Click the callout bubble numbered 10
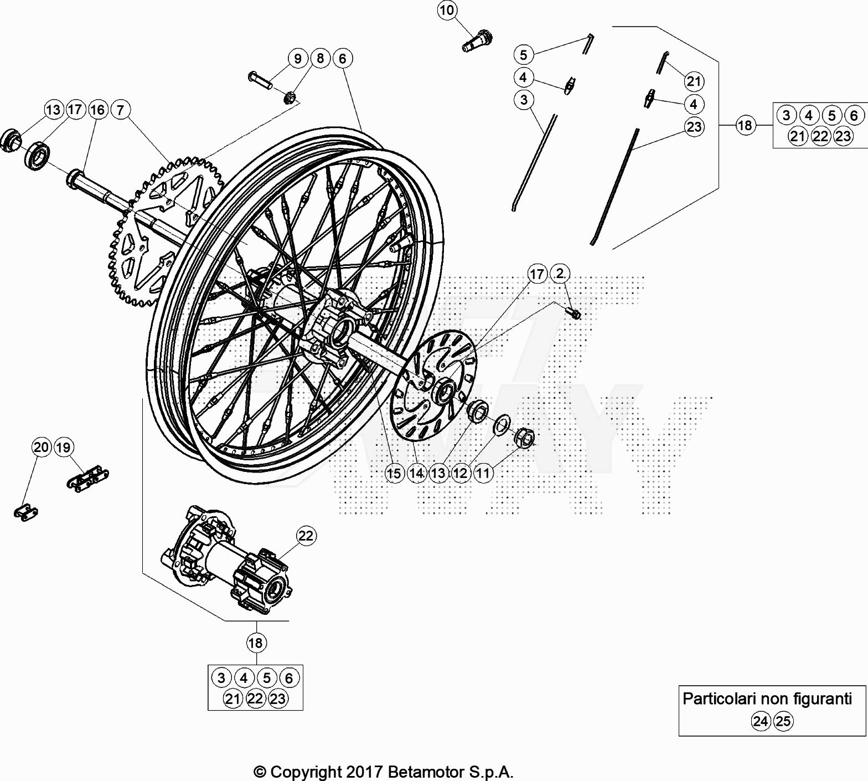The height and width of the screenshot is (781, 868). pos(447,10)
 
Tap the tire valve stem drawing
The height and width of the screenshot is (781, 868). pos(477,42)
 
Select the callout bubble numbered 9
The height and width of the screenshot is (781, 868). pos(298,58)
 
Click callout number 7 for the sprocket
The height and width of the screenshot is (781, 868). pos(121,110)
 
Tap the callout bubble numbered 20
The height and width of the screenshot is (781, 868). pos(42,447)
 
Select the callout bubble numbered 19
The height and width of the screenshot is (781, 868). pos(64,447)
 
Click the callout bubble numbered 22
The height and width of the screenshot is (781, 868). pos(306,536)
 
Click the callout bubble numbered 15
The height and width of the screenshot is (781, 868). pos(394,474)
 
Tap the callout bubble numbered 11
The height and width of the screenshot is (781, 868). pos(483,474)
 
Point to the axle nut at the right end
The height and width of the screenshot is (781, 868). pos(524,437)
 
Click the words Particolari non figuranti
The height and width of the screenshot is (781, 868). pos(767,698)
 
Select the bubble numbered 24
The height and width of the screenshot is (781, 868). pos(761,721)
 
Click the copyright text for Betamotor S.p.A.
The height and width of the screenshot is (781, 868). pos(384,771)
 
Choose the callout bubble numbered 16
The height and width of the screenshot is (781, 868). pos(97,110)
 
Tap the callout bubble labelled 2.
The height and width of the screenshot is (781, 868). pos(560,274)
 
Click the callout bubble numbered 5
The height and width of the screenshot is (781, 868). pos(524,54)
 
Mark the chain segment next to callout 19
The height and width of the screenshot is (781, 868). pos(87,478)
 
